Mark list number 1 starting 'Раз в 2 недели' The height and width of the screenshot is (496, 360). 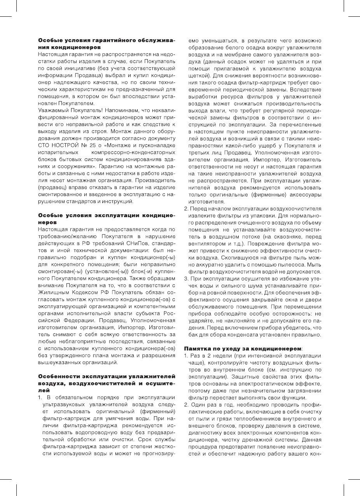[x=186, y=356]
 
